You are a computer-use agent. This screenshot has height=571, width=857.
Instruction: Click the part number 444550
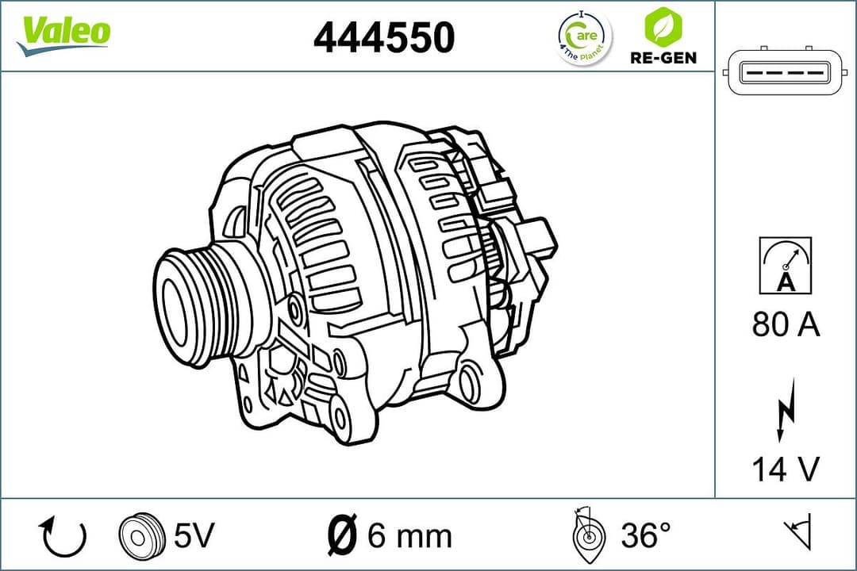click(384, 37)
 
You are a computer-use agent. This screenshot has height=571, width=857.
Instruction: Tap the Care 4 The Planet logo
click(585, 37)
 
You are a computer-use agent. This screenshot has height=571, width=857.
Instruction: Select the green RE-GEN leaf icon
click(661, 27)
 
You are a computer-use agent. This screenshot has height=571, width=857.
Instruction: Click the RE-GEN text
click(663, 58)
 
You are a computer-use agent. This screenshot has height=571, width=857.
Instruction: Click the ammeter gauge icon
click(786, 265)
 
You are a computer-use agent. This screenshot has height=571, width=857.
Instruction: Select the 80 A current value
click(786, 324)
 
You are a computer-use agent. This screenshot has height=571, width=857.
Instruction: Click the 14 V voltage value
click(786, 469)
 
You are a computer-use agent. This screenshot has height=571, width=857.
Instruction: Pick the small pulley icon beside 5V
click(140, 536)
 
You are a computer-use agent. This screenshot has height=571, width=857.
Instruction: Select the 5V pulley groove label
click(194, 536)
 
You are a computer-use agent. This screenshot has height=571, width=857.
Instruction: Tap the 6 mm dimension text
click(409, 536)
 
